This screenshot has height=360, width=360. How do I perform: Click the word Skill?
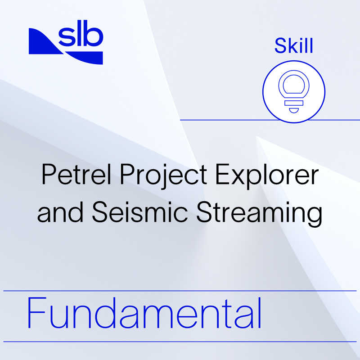[x=294, y=47]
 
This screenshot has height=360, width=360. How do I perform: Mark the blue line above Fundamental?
[x=180, y=291]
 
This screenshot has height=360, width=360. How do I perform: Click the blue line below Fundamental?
[x=180, y=341]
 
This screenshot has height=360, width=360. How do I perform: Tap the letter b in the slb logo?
[x=95, y=37]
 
